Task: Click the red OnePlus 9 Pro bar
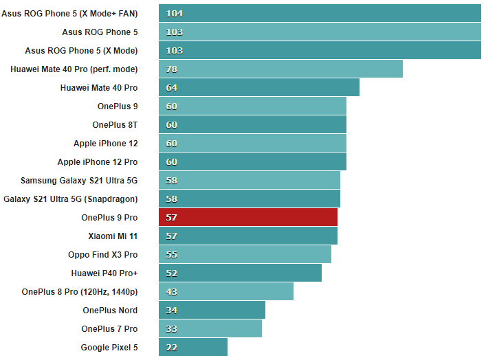tap(247, 217)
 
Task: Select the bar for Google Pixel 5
tap(192, 347)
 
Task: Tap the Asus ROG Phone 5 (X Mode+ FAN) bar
tap(320, 13)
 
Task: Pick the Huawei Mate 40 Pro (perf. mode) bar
tap(280, 69)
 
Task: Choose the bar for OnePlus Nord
tap(212, 310)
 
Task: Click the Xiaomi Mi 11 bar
tap(247, 236)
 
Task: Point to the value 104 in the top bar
tap(174, 13)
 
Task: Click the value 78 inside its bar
tap(172, 69)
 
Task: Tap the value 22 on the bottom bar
tap(172, 347)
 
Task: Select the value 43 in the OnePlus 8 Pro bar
tap(172, 291)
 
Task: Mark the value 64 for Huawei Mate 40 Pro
tap(172, 87)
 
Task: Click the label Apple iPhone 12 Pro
tap(97, 161)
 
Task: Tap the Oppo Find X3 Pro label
tap(102, 254)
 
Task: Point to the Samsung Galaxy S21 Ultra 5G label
tap(79, 180)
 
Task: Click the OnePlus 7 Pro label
tap(109, 328)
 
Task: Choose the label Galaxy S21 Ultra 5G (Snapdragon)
tap(71, 199)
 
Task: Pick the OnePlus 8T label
tap(115, 124)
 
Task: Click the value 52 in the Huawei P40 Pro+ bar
tap(172, 273)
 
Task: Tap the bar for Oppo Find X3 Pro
tap(245, 254)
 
